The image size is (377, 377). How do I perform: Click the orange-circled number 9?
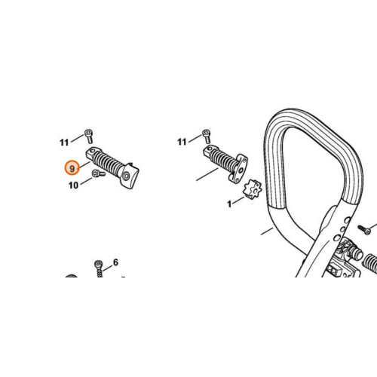point(72,168)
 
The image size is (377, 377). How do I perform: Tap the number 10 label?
point(73,185)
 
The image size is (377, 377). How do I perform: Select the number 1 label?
point(229,204)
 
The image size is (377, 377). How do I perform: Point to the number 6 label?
point(115,262)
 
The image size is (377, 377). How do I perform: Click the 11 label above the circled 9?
point(64,143)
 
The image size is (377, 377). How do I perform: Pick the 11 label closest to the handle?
point(182,142)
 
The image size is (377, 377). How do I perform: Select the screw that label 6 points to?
point(99,268)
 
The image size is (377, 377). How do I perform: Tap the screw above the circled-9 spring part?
point(89,136)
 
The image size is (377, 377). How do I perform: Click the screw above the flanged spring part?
point(207,136)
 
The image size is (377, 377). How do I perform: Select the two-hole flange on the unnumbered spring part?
point(238,168)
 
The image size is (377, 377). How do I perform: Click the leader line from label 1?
point(238,200)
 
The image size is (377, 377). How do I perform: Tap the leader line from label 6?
point(107,268)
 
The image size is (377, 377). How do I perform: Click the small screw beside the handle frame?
point(364,230)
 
